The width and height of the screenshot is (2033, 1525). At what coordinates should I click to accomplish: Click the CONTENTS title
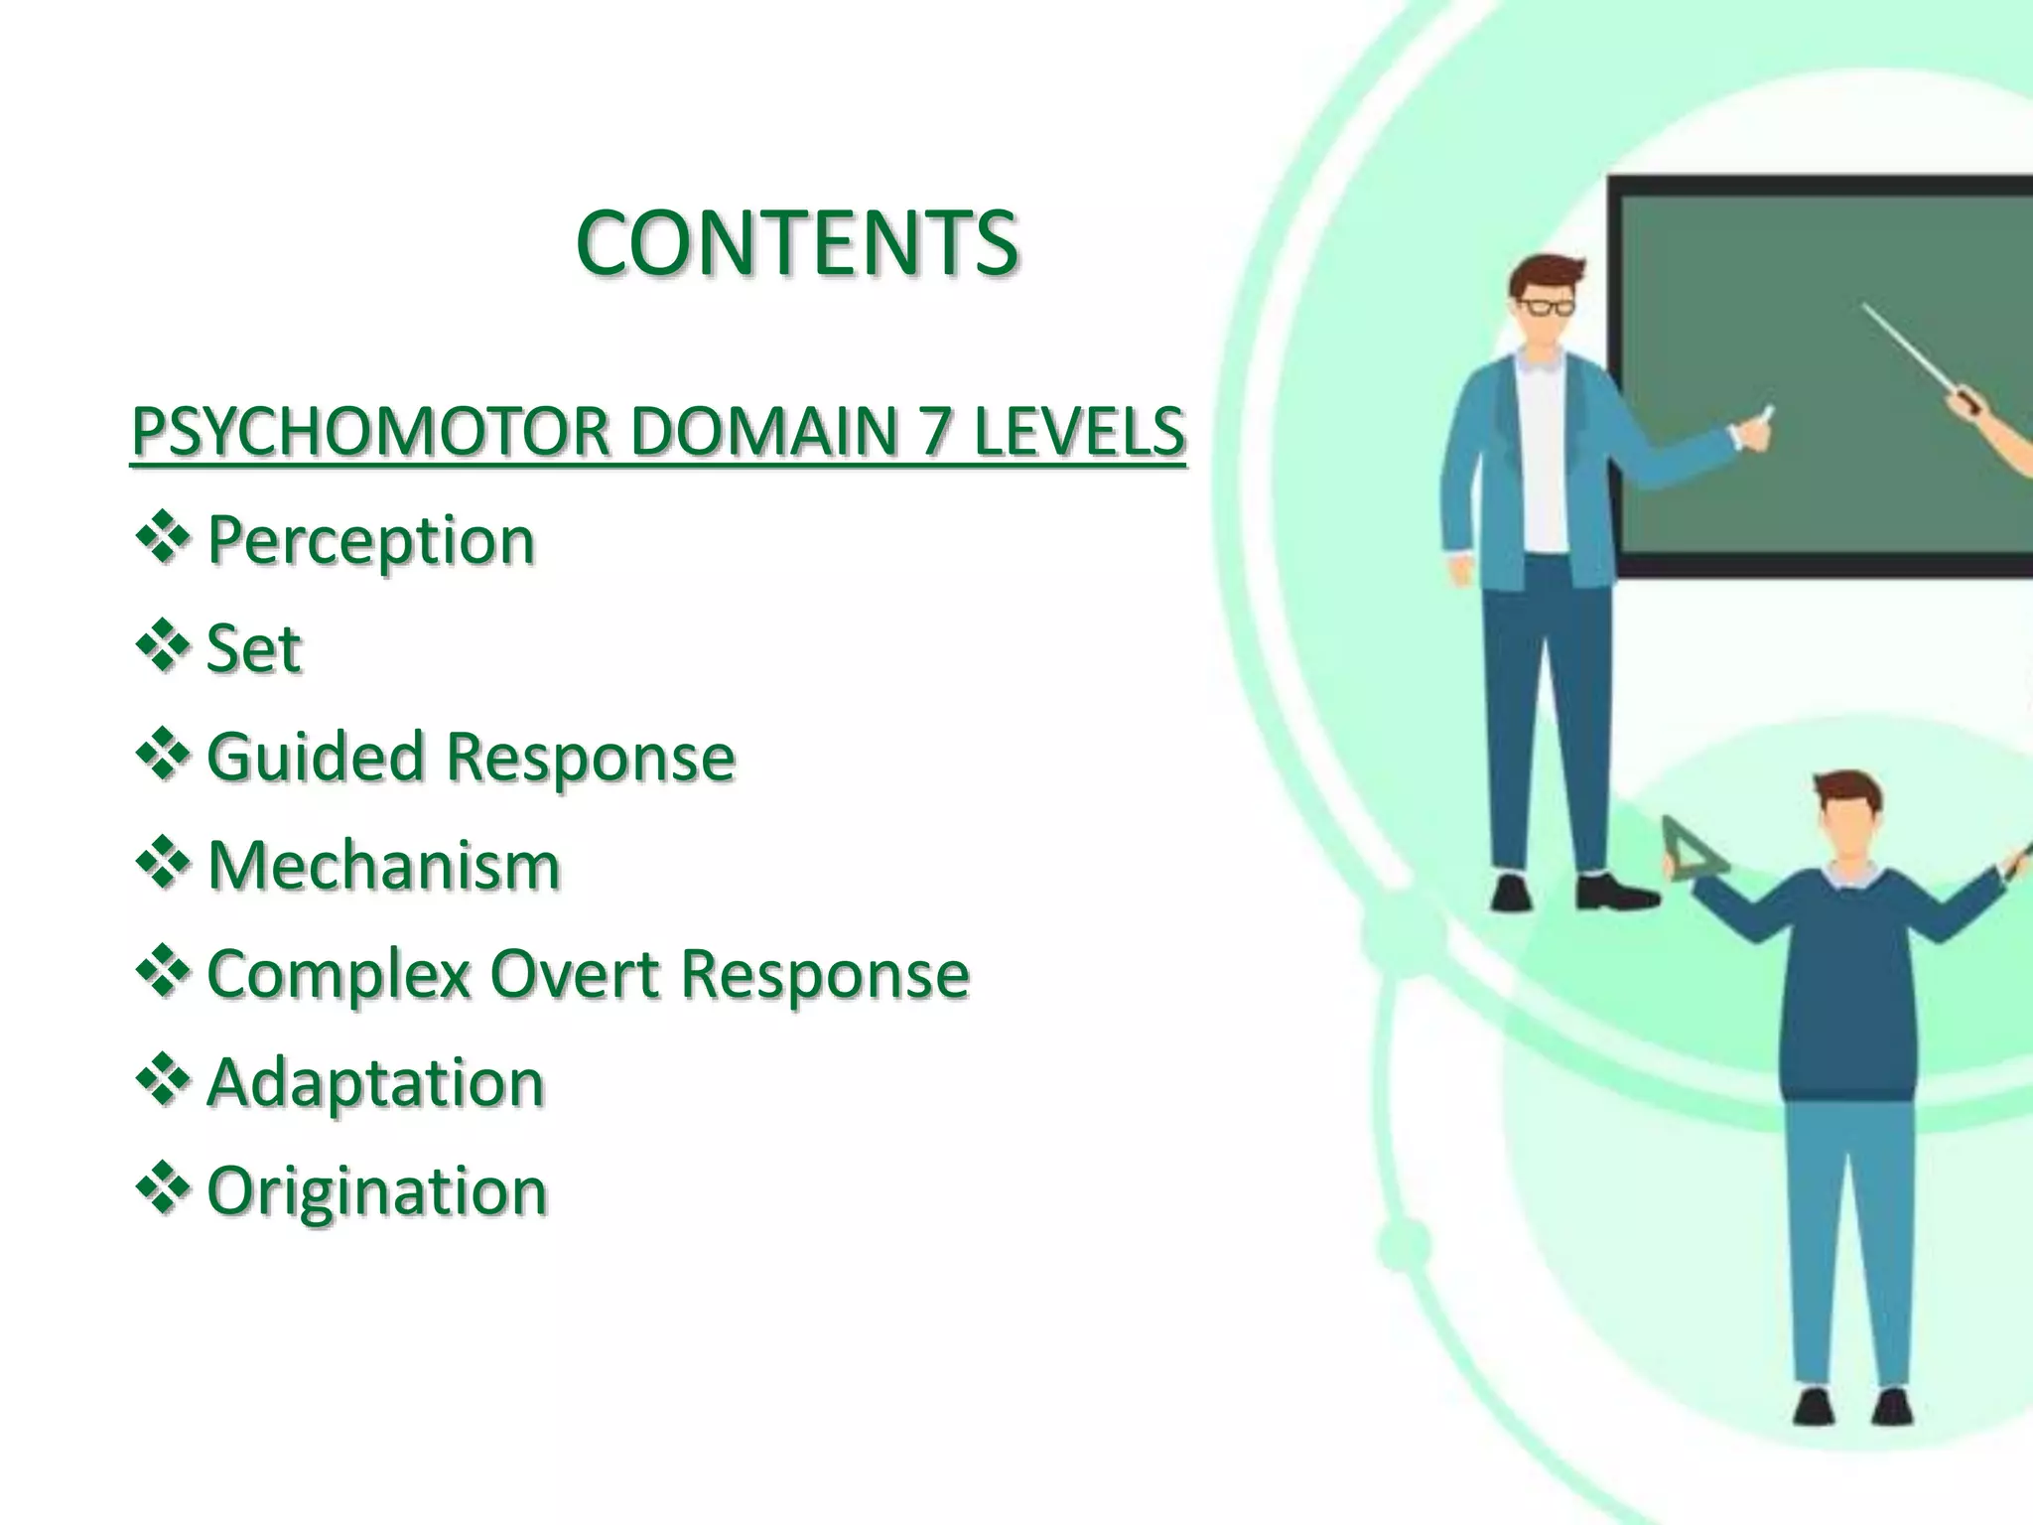[796, 243]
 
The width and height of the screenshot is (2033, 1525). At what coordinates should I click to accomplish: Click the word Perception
[370, 542]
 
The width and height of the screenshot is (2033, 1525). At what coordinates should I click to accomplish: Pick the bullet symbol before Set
[162, 647]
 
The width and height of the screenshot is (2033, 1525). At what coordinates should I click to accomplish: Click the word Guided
[317, 758]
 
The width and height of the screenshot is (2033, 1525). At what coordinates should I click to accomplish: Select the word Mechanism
[383, 866]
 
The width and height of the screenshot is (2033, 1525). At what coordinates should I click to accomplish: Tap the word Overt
[575, 974]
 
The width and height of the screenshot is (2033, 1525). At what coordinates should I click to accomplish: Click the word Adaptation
[375, 1082]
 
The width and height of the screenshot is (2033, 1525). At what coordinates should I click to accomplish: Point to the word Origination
[376, 1190]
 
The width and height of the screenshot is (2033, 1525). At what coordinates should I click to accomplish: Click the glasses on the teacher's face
[1546, 306]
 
